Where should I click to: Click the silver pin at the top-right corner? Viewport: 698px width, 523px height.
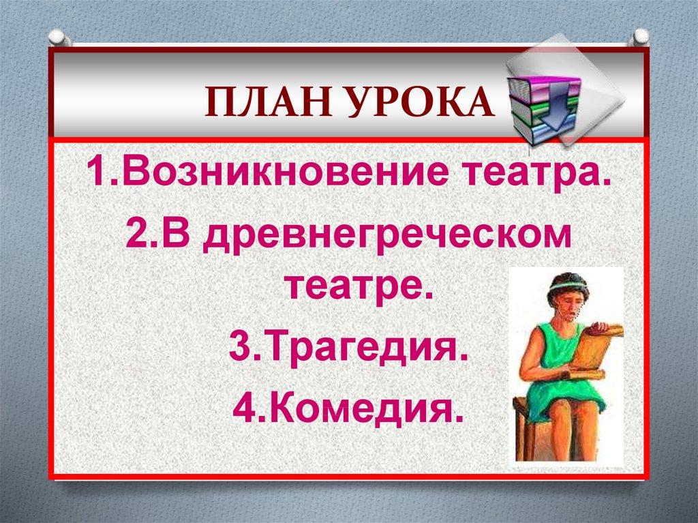(x=640, y=38)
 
